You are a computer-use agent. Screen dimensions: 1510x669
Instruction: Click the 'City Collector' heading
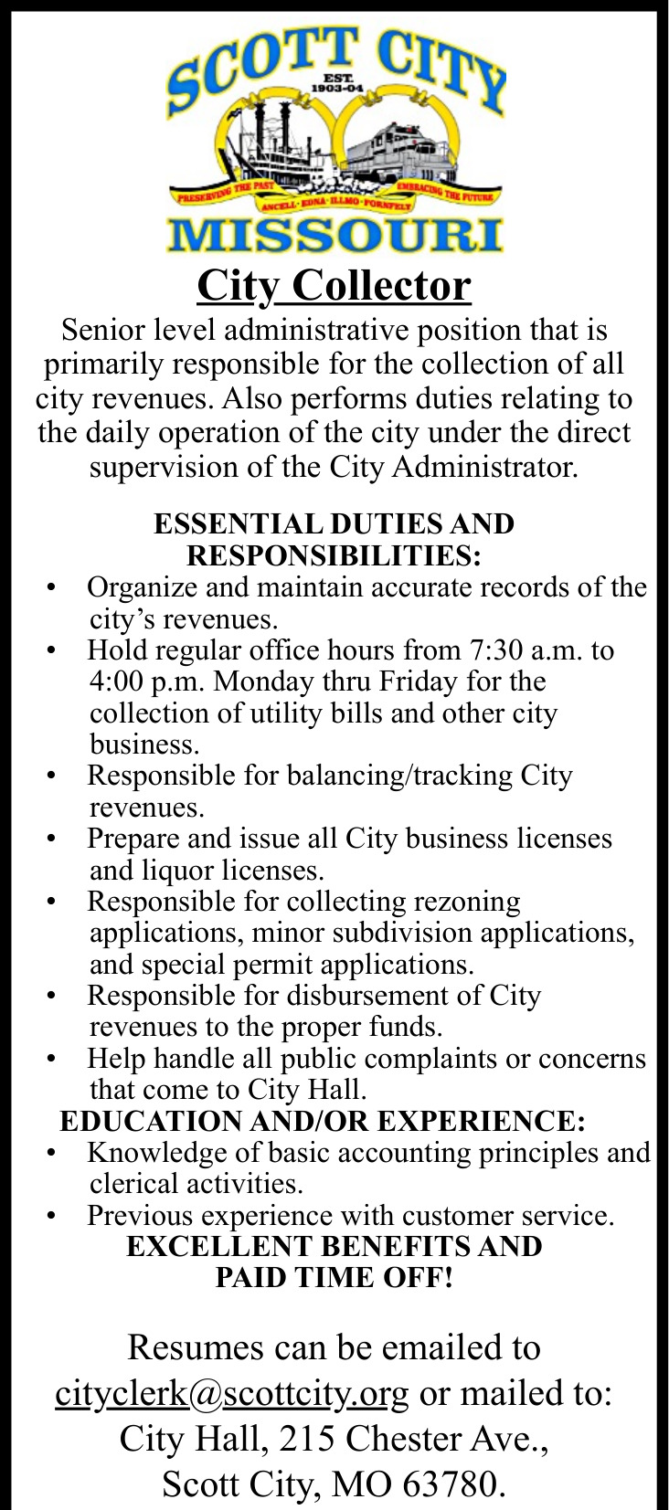pos(334,285)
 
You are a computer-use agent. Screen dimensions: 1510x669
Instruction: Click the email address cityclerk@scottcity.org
pos(231,1393)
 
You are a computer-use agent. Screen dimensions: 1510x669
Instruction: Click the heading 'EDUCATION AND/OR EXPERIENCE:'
pos(322,1120)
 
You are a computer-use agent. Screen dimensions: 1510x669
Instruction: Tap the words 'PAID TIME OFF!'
pos(334,1277)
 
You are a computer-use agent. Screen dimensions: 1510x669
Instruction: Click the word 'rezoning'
pos(467,902)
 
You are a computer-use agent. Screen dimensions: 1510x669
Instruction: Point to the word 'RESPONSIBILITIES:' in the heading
pos(334,555)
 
